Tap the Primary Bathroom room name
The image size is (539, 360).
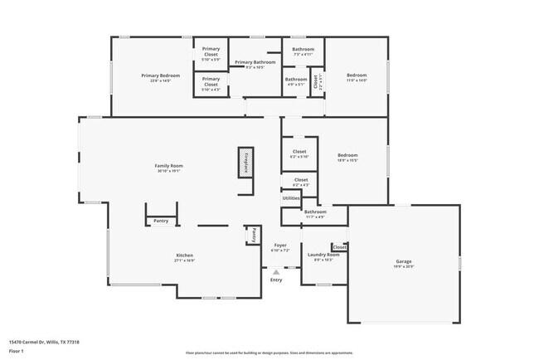[x=255, y=62]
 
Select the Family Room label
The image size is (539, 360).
[x=169, y=166]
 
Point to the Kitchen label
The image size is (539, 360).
[x=184, y=255]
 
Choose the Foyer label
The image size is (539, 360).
[x=280, y=246]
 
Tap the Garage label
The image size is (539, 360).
[x=403, y=261]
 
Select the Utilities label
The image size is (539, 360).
[x=291, y=198]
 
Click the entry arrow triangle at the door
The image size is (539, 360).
[x=276, y=271]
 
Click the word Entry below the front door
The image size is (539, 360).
[x=276, y=280]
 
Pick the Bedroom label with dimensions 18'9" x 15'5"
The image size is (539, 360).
[x=347, y=155]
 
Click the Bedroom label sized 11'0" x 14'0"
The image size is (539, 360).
[x=356, y=75]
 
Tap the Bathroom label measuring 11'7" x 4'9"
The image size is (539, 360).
[x=315, y=212]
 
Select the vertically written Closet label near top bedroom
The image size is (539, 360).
[x=316, y=81]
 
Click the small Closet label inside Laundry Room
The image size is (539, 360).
[x=339, y=247]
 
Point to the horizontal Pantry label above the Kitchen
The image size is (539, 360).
[x=161, y=221]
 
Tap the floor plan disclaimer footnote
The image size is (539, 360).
[x=269, y=353]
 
